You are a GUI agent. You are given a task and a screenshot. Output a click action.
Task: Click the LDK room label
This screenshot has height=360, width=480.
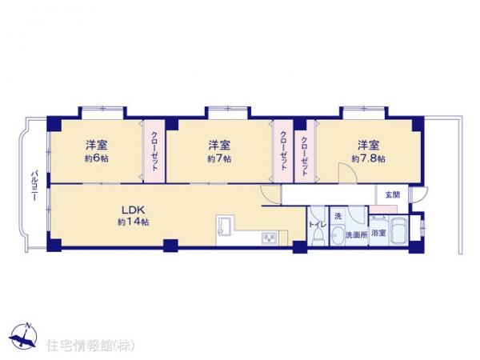pyautogui.click(x=133, y=210)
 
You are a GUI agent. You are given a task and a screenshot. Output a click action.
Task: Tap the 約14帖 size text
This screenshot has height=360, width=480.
pyautogui.click(x=134, y=222)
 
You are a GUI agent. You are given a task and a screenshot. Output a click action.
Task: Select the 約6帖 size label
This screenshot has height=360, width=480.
pyautogui.click(x=97, y=158)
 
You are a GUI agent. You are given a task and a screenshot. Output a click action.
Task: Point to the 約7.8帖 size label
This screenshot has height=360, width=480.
pyautogui.click(x=369, y=159)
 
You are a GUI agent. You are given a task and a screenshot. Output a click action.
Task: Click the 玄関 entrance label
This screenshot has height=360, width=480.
pyautogui.click(x=393, y=194)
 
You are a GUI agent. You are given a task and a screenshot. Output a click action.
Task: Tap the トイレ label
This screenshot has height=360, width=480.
pyautogui.click(x=318, y=224)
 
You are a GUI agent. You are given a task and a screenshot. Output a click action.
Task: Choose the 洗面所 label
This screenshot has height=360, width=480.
pyautogui.click(x=357, y=234)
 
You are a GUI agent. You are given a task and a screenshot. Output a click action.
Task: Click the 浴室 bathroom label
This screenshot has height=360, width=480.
pyautogui.click(x=378, y=233)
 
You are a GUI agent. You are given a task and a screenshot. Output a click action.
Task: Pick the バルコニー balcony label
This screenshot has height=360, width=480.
pyautogui.click(x=35, y=186)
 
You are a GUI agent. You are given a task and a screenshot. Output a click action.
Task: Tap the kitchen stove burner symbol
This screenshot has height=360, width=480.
pyautogui.click(x=270, y=238)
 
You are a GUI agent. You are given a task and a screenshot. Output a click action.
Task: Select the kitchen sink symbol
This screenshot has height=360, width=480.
pyautogui.click(x=226, y=226)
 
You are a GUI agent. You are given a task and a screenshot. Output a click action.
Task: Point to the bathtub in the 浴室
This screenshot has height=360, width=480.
pyautogui.click(x=399, y=232)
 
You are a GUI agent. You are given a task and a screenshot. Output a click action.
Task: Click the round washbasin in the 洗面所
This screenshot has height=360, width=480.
pyautogui.click(x=338, y=236)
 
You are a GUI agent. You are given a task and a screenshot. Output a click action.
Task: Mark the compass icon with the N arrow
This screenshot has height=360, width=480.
pyautogui.click(x=23, y=336)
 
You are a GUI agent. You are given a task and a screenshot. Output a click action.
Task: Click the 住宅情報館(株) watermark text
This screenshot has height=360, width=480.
pyautogui.click(x=90, y=346)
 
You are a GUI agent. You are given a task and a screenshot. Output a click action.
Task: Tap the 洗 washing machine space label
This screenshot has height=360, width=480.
pyautogui.click(x=338, y=217)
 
